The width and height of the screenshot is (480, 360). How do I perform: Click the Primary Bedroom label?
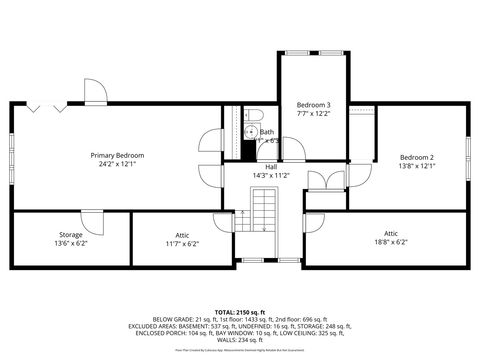click(117, 155)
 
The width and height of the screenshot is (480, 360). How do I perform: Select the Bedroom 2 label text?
click(417, 157)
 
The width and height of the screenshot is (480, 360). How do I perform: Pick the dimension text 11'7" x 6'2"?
click(182, 243)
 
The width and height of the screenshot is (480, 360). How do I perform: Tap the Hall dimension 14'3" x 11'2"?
click(270, 175)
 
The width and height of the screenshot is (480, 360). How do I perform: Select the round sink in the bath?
click(250, 132)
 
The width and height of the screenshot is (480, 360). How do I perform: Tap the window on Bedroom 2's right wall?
click(468, 155)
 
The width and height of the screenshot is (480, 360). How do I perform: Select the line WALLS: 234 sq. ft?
click(240, 342)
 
